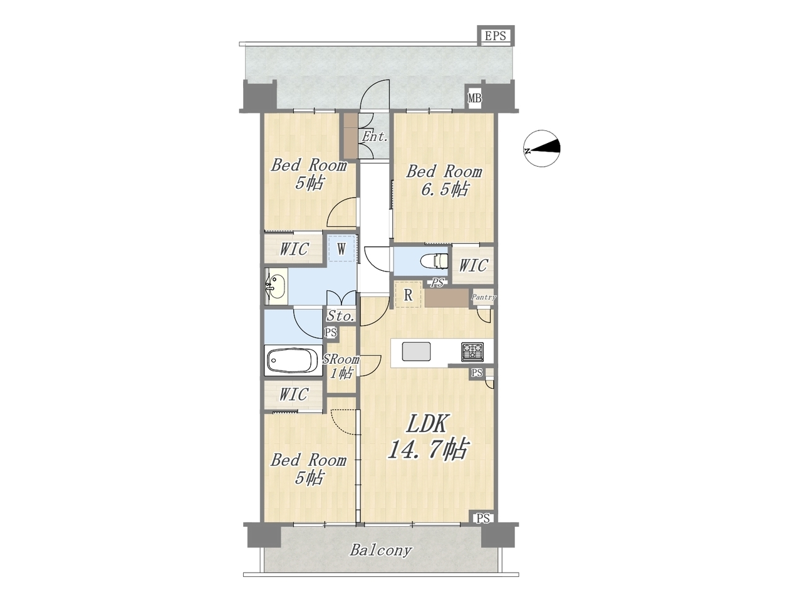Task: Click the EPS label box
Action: (x=496, y=36)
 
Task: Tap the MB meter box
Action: (x=475, y=98)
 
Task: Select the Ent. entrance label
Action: (x=375, y=137)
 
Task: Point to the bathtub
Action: (x=293, y=360)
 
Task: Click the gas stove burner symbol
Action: (x=472, y=352)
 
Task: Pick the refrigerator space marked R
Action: (x=408, y=295)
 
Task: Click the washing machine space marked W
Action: (x=341, y=249)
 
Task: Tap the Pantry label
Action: (x=483, y=297)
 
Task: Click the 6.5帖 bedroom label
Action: (x=444, y=181)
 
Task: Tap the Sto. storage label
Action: (x=340, y=316)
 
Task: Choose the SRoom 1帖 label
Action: (x=341, y=366)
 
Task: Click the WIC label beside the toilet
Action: (x=473, y=266)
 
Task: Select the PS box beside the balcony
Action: (x=482, y=519)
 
